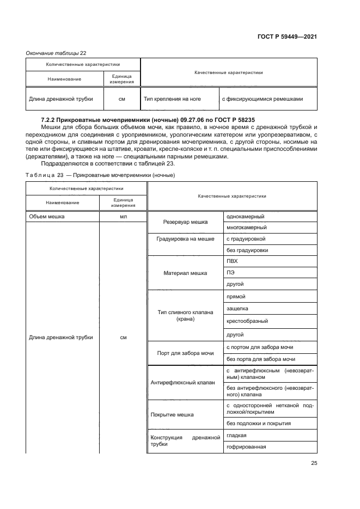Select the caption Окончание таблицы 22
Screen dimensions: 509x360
(56, 53)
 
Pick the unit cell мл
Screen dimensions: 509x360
(123, 216)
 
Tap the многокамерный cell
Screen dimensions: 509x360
(247, 228)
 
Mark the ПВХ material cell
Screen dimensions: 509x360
(232, 261)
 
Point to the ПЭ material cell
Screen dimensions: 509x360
(230, 273)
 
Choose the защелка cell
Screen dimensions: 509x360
(237, 309)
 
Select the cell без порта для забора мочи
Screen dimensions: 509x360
(261, 359)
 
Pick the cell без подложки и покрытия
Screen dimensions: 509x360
(259, 423)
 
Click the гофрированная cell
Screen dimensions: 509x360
(246, 447)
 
